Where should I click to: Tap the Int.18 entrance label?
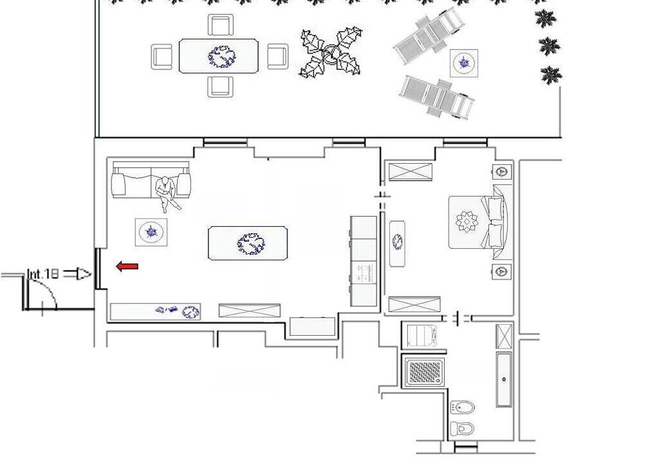click(42, 275)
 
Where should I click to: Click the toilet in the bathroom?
click(462, 429)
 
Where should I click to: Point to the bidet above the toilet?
click(462, 407)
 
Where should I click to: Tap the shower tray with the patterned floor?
click(423, 372)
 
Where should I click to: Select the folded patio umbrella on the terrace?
click(330, 52)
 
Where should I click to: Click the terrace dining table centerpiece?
click(222, 57)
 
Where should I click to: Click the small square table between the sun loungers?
click(464, 63)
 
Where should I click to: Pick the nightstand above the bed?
click(501, 171)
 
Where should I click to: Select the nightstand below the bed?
click(501, 271)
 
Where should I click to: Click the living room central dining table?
click(248, 244)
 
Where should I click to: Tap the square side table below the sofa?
click(151, 232)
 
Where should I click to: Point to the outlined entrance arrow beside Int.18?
click(79, 275)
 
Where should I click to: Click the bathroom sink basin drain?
click(504, 379)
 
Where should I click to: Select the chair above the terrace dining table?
click(221, 26)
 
